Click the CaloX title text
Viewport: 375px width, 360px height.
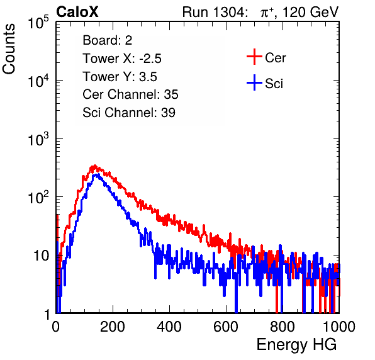pos(77,12)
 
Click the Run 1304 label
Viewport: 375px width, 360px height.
pos(214,12)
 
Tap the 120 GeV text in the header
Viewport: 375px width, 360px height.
pos(310,12)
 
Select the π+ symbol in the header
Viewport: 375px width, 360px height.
pos(267,12)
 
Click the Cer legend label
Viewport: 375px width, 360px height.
pos(275,58)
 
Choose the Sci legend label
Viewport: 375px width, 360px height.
pos(274,84)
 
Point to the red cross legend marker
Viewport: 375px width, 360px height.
pos(254,57)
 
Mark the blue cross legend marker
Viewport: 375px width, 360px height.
pos(254,82)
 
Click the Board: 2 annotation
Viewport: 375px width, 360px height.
pos(108,40)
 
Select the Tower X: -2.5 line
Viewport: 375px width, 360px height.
pos(122,59)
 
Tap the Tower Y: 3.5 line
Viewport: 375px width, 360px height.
pos(120,77)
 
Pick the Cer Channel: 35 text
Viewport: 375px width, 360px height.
pos(130,94)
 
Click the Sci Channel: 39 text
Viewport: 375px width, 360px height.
pos(129,113)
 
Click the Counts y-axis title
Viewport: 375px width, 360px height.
pos(9,49)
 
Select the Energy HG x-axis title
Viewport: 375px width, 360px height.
pos(296,344)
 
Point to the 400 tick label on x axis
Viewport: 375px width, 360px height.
pos(169,327)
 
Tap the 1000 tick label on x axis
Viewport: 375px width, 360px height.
pos(339,327)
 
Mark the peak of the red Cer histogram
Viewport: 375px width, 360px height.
pos(95,166)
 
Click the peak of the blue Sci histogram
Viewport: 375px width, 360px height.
pos(97,174)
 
